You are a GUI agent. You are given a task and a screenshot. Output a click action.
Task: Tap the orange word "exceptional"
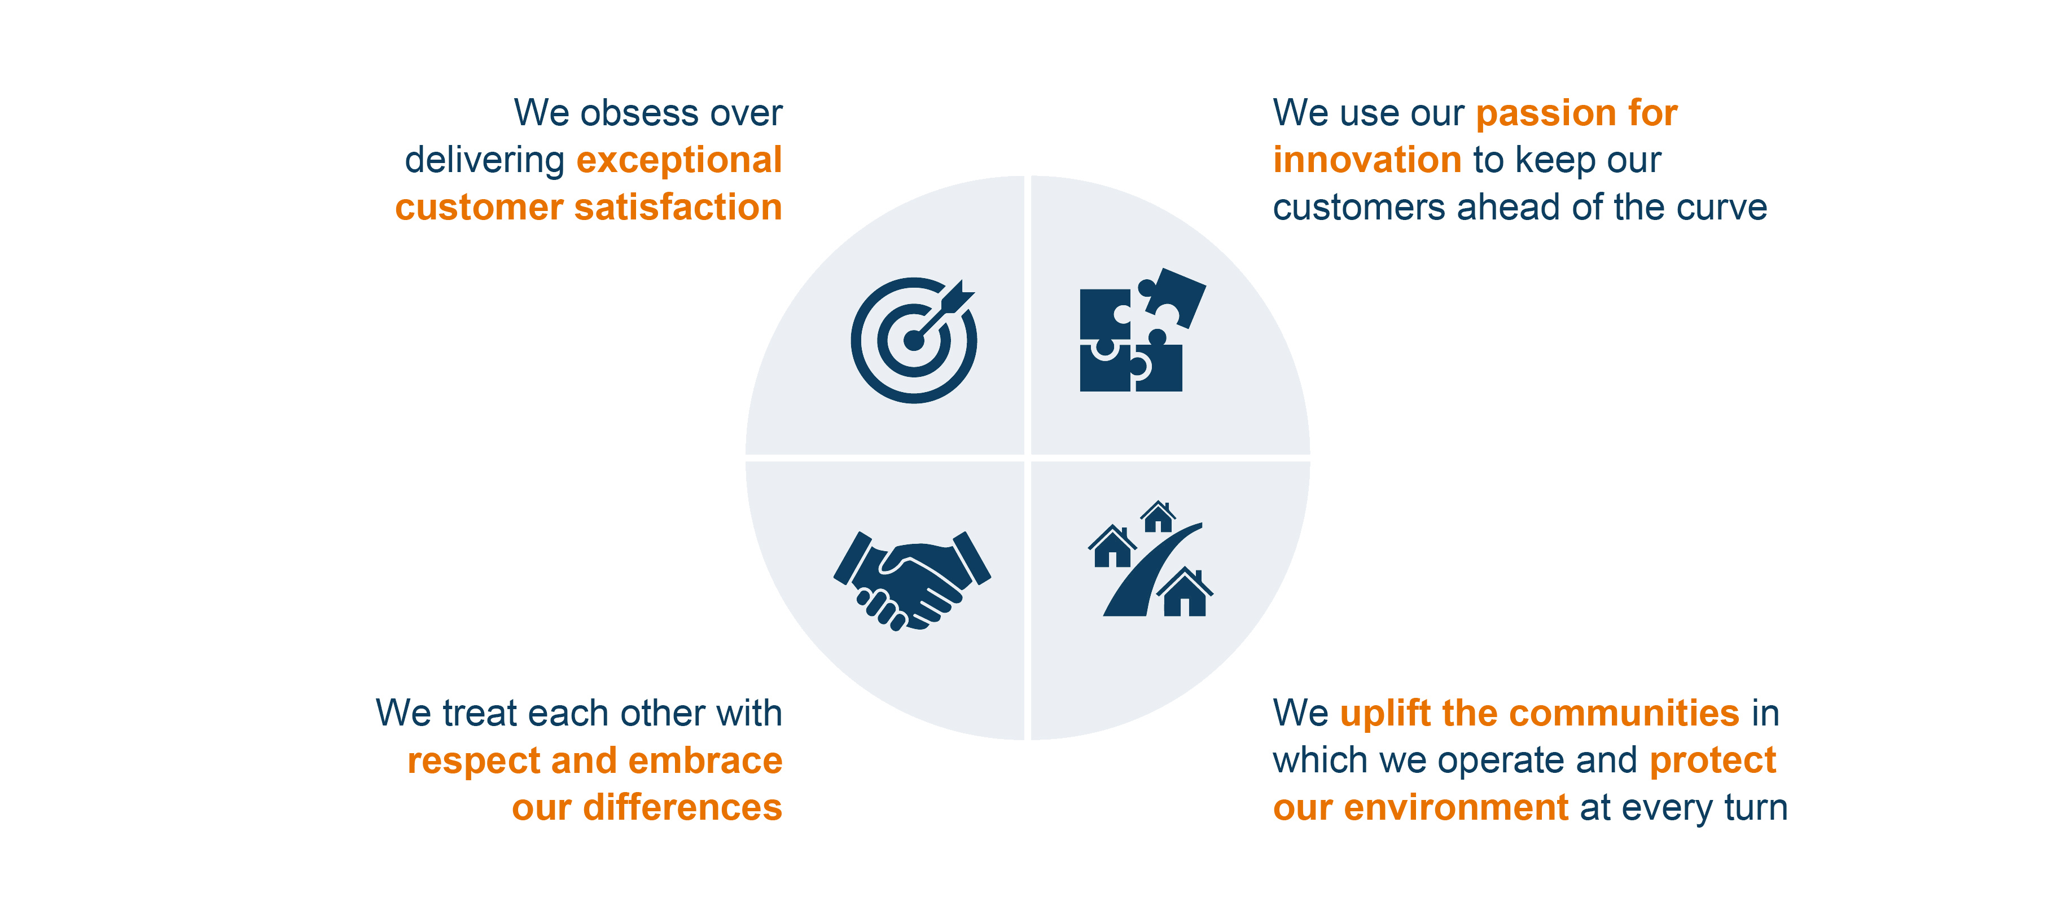click(x=679, y=160)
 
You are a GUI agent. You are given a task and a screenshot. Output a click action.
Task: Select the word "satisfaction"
click(x=678, y=208)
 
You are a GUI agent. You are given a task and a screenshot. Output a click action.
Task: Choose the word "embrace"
click(x=705, y=760)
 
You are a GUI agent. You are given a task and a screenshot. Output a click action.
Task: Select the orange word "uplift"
click(x=1386, y=714)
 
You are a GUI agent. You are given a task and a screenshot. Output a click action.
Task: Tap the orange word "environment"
click(x=1457, y=808)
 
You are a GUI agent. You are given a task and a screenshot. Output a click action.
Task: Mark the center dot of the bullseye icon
click(x=913, y=341)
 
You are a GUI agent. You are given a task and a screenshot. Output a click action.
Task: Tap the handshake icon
click(x=912, y=580)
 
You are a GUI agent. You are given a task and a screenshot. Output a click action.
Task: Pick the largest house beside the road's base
click(x=1185, y=592)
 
